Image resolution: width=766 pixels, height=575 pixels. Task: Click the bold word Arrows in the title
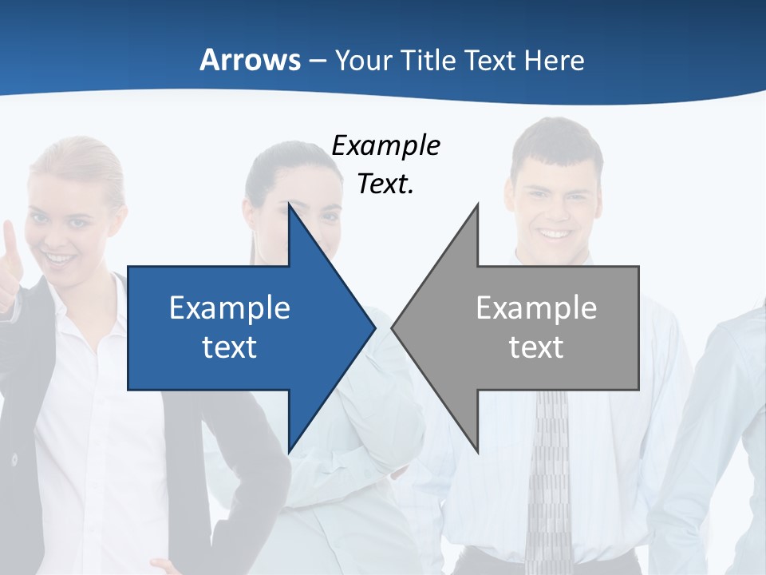pyautogui.click(x=250, y=60)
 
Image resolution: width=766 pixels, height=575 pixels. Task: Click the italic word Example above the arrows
pyautogui.click(x=385, y=146)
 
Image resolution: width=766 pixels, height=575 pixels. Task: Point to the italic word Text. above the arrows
pyautogui.click(x=385, y=184)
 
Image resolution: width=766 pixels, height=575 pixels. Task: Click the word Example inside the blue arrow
pyautogui.click(x=230, y=308)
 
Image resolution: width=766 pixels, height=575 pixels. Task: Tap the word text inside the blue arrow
pyautogui.click(x=230, y=347)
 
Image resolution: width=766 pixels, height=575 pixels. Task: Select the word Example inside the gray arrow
pyautogui.click(x=536, y=308)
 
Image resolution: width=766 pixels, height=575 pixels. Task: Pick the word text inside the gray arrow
pyautogui.click(x=536, y=347)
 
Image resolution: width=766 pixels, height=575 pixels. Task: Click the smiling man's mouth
pyautogui.click(x=554, y=234)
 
